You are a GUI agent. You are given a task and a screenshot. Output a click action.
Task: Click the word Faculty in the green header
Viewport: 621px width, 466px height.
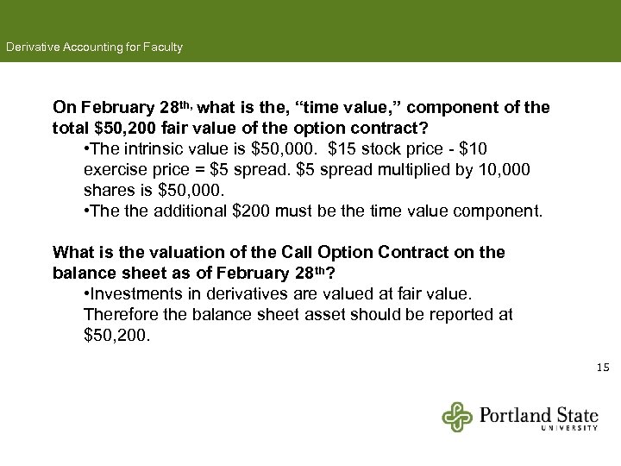click(162, 47)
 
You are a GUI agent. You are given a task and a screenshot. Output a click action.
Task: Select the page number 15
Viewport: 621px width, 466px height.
click(603, 368)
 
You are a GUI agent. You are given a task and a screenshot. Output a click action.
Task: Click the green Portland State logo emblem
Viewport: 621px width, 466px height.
click(457, 417)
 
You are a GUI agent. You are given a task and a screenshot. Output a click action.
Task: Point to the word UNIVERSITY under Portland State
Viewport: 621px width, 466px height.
click(569, 427)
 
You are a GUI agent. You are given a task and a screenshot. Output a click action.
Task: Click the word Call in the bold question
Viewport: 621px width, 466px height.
click(297, 252)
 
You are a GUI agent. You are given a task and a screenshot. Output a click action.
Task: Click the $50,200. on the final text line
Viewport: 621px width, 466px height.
click(117, 335)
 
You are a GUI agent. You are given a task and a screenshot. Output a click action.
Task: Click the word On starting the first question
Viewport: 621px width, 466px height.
click(64, 108)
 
